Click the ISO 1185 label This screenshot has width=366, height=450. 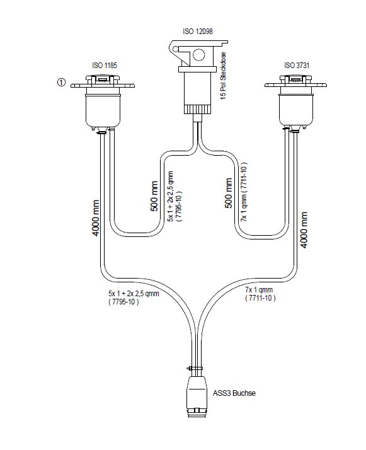click(x=105, y=65)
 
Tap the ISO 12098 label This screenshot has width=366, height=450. click(x=198, y=31)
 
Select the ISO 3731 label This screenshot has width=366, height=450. click(x=297, y=65)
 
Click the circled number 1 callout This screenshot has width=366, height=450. click(x=62, y=83)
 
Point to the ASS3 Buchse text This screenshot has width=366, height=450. click(x=234, y=393)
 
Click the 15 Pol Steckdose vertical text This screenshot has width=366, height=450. click(x=223, y=76)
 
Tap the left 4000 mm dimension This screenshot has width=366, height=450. click(x=96, y=218)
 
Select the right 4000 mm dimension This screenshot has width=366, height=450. click(x=304, y=230)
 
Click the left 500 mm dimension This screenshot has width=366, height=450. click(x=154, y=196)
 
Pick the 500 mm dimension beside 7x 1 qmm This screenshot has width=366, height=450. click(x=228, y=193)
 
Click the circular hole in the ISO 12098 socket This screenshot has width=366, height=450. click(x=198, y=55)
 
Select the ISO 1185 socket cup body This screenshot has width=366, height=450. click(x=103, y=111)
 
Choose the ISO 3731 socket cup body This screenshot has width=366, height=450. click(x=297, y=111)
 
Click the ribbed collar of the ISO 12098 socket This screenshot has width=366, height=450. click(x=198, y=109)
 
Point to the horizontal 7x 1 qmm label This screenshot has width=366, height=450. click(x=259, y=289)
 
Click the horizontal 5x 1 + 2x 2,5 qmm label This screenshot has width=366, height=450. click(x=134, y=293)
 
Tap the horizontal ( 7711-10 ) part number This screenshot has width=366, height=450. click(x=260, y=298)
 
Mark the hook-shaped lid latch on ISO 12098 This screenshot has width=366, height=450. click(x=176, y=51)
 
